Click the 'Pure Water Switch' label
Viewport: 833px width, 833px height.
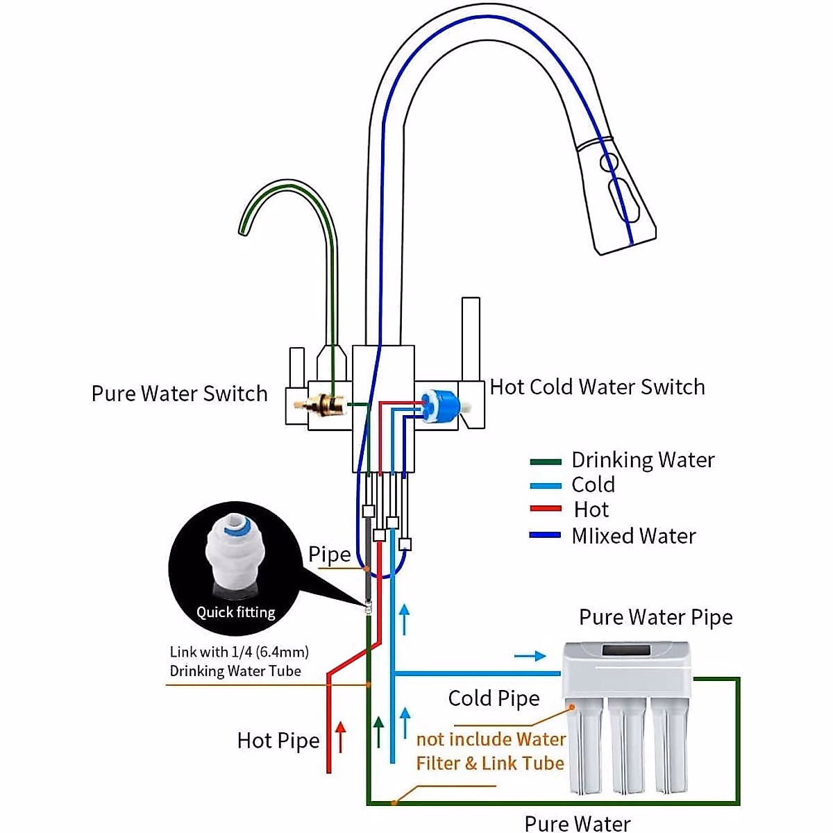(179, 394)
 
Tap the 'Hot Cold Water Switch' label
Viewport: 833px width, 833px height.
(597, 387)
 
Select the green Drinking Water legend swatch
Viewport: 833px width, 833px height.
(545, 461)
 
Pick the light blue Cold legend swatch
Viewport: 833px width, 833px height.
(545, 486)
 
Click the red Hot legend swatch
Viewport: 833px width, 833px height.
(545, 510)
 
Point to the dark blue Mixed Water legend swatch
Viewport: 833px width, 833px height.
(545, 536)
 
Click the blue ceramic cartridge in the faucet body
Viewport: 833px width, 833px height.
(440, 406)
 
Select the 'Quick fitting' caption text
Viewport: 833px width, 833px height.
(235, 612)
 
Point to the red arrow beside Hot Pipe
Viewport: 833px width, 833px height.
(340, 737)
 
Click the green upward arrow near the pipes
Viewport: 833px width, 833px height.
(378, 732)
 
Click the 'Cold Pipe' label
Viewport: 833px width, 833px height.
(494, 698)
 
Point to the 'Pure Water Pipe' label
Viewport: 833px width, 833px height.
(655, 617)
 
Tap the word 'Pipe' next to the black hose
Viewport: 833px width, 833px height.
(329, 555)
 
